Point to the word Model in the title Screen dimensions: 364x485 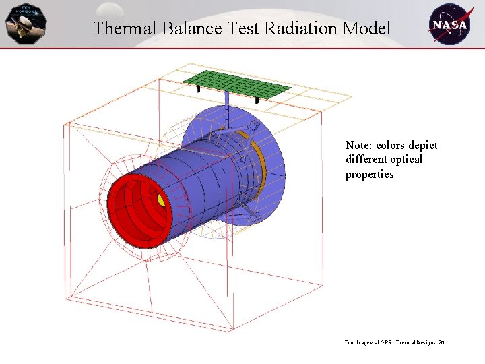tap(366, 28)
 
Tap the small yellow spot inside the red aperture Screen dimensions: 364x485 tap(161, 200)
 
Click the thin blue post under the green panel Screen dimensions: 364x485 tap(227, 108)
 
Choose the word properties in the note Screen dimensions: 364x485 tap(369, 175)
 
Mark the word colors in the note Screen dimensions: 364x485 tap(391, 146)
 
